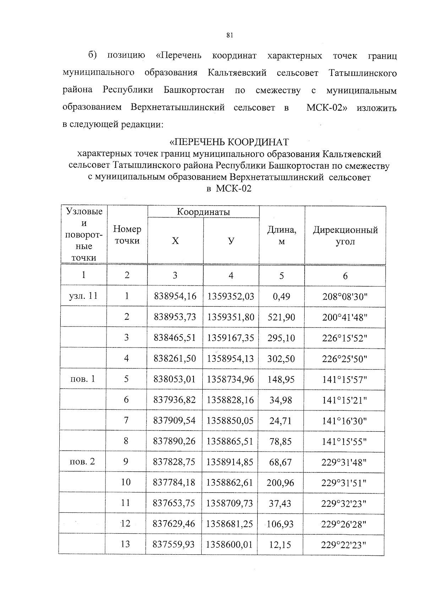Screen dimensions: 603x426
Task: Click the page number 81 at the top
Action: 229,35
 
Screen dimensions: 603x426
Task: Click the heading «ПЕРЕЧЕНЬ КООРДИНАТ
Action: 229,142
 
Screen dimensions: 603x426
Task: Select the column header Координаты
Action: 203,212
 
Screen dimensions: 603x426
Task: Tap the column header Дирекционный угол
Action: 345,236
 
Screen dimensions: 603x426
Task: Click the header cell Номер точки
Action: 127,235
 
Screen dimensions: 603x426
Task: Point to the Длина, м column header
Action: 282,236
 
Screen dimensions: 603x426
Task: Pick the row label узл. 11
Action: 83,296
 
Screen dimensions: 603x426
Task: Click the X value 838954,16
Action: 175,296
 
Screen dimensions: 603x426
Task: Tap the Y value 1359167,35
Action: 231,338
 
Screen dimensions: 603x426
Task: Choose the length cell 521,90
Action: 281,317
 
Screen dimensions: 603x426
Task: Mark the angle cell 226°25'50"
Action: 344,359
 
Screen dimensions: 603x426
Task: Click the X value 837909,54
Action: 174,421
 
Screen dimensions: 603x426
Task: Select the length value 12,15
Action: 280,544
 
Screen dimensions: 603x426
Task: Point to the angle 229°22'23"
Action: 344,544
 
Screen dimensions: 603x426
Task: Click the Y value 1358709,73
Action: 230,503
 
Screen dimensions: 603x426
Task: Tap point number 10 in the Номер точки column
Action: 126,483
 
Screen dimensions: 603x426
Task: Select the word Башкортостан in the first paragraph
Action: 194,90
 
